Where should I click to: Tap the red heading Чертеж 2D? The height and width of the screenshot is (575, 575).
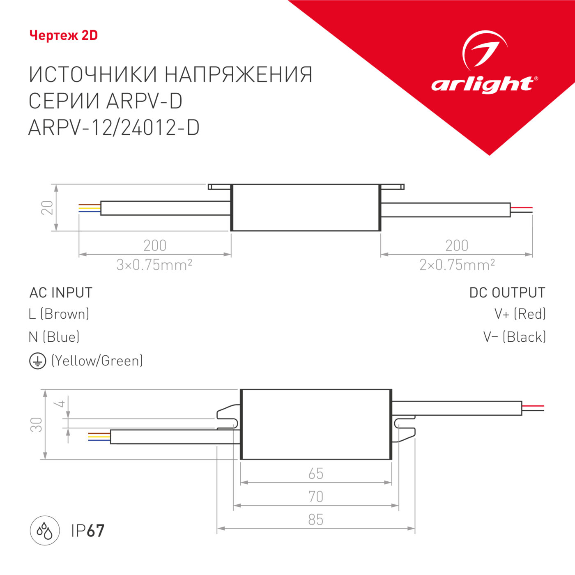click(x=64, y=36)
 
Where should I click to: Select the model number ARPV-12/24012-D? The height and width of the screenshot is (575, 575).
click(x=114, y=128)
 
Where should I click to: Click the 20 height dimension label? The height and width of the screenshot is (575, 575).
click(x=47, y=207)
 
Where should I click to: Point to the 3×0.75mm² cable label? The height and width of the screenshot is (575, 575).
click(x=154, y=265)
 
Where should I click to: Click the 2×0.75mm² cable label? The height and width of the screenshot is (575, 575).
click(x=457, y=265)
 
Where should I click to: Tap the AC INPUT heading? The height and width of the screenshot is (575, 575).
click(x=61, y=293)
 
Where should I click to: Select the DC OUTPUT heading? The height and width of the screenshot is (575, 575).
click(x=507, y=293)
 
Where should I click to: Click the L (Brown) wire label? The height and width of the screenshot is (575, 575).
click(x=59, y=314)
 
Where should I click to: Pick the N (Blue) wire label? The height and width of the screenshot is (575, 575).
click(x=54, y=337)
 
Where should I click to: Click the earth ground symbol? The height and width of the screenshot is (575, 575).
click(x=37, y=361)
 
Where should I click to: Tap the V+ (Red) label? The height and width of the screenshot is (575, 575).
click(x=520, y=314)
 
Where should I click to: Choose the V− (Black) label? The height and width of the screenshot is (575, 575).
click(x=515, y=337)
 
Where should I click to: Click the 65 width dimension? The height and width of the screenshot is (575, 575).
click(x=316, y=474)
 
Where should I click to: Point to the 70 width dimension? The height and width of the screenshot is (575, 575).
click(x=316, y=497)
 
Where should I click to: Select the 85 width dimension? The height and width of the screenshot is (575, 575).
click(x=316, y=520)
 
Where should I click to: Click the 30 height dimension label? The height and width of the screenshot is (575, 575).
click(x=37, y=424)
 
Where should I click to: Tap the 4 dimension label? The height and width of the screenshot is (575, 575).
click(x=61, y=404)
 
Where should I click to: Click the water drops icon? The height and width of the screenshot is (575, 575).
click(x=45, y=531)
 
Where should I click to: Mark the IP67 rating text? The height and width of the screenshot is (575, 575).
click(x=88, y=531)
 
